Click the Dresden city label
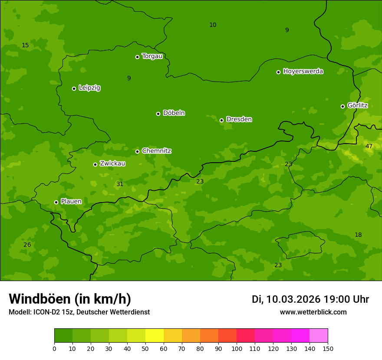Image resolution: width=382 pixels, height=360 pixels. (x=239, y=119)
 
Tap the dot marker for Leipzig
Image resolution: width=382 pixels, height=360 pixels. (x=74, y=88)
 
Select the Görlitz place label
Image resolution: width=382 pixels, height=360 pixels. (x=357, y=105)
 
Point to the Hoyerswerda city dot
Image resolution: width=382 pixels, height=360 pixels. (x=278, y=72)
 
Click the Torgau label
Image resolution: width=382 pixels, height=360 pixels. (x=152, y=56)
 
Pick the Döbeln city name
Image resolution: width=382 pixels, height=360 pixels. (x=174, y=113)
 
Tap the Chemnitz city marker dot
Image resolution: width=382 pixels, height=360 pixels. (x=137, y=151)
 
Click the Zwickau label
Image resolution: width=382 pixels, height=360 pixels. (x=112, y=164)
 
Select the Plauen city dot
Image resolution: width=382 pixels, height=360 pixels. (x=56, y=202)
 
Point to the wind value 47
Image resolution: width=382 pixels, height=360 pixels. (x=369, y=146)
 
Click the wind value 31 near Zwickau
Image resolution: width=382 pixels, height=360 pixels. (x=120, y=184)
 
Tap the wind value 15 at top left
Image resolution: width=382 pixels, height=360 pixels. (x=25, y=45)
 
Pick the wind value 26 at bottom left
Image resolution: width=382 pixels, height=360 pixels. (x=27, y=245)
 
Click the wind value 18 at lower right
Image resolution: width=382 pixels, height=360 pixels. (x=358, y=235)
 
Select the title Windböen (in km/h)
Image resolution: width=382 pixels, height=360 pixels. (x=70, y=299)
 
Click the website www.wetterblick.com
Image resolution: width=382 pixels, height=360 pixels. (x=313, y=312)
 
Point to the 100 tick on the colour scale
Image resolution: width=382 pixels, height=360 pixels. (x=237, y=348)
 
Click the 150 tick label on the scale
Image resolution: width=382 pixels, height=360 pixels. (x=328, y=348)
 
